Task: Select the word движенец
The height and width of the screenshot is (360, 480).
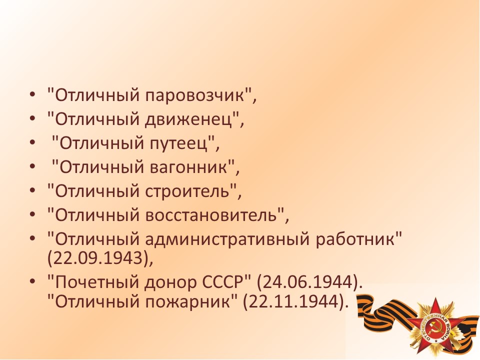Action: [188, 119]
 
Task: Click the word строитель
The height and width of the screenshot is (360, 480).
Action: [187, 191]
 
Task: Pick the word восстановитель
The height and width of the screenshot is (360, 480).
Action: [210, 215]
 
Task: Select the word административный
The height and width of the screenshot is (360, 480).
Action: [227, 239]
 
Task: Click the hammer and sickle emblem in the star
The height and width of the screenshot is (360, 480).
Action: [434, 328]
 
